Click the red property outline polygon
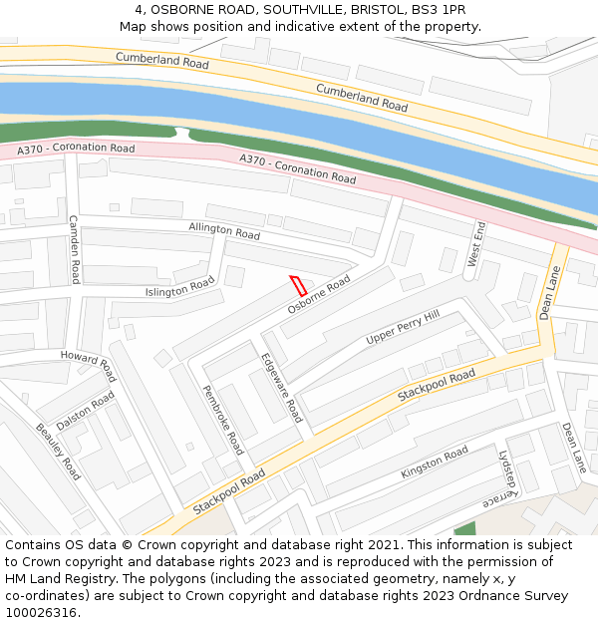coord(297,284)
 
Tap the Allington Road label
coord(224,231)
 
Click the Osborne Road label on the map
coord(319,296)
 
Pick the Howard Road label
coord(89,365)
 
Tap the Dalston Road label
coord(86,412)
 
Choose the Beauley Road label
coord(58,452)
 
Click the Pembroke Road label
coord(223,420)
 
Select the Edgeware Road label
coord(281,388)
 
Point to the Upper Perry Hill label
coord(402,328)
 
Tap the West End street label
coord(476,244)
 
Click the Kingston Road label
coord(434,463)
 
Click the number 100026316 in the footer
coord(41,612)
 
